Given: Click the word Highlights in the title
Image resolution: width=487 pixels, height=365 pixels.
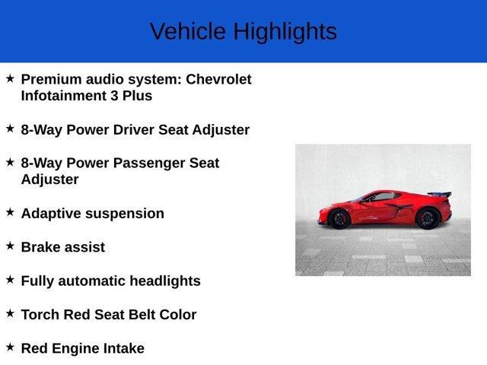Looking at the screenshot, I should [x=285, y=32].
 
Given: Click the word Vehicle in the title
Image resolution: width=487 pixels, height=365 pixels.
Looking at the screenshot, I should [x=188, y=32].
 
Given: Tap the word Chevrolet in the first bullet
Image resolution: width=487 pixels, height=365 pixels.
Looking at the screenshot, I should [x=218, y=79].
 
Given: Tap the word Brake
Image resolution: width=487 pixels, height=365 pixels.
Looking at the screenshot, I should [x=40, y=247].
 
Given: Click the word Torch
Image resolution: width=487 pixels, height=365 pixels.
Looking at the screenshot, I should [x=40, y=314].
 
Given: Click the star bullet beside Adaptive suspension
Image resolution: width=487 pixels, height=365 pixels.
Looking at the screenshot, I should [x=10, y=212].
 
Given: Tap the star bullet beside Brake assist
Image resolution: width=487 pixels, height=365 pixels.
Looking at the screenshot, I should [x=10, y=246].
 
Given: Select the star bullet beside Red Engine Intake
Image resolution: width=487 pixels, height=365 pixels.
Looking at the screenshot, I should [x=10, y=347].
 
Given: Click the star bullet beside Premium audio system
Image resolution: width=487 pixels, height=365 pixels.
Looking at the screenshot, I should [x=10, y=78].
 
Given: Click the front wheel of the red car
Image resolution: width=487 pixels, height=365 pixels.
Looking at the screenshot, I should [x=339, y=218].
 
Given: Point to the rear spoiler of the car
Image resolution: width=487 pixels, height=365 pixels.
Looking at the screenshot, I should [x=439, y=195].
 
